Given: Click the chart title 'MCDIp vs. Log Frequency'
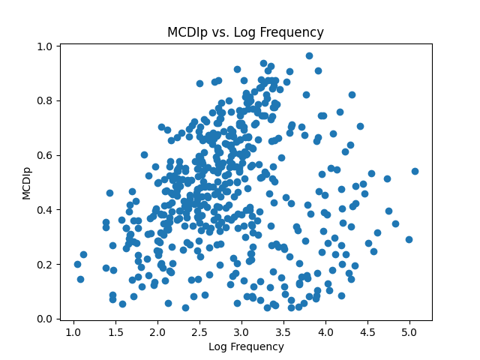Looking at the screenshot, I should coord(246,32).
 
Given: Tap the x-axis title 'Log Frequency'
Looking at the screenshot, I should coord(246,346).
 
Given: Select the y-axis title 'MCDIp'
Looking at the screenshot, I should coord(26,183).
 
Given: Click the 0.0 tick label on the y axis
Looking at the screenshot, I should coord(46,319).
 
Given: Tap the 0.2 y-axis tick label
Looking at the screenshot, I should coord(46,264).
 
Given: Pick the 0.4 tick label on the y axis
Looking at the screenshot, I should coord(46,209).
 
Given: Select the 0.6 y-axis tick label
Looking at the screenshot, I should coord(46,155).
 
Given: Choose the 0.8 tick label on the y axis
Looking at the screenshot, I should coord(46,100).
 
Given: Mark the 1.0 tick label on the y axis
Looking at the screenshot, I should coord(46,46).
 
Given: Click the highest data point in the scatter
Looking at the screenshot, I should coord(309,55).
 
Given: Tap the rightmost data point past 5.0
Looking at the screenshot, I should coord(415,171).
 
